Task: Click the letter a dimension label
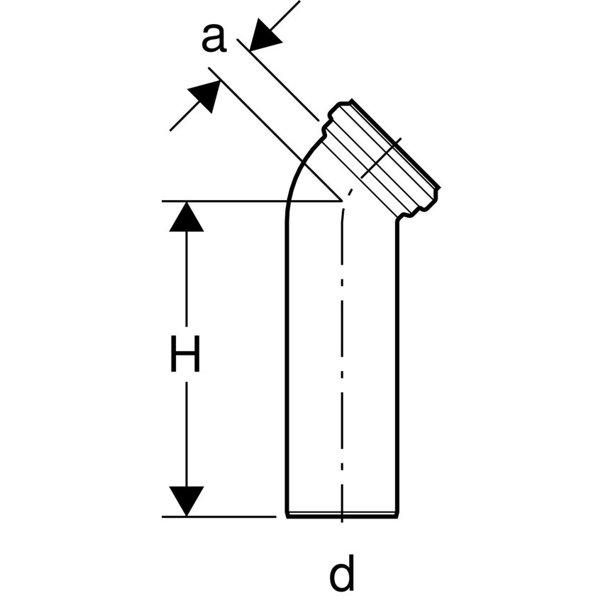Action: pos(214,38)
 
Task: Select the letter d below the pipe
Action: pos(342,575)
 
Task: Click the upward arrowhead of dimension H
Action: pos(186,217)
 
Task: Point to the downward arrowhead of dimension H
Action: pos(186,501)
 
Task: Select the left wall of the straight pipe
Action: pos(287,355)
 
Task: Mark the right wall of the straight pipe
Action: pos(397,355)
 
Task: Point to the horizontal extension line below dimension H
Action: pos(220,516)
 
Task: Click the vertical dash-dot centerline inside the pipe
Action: pos(342,355)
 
